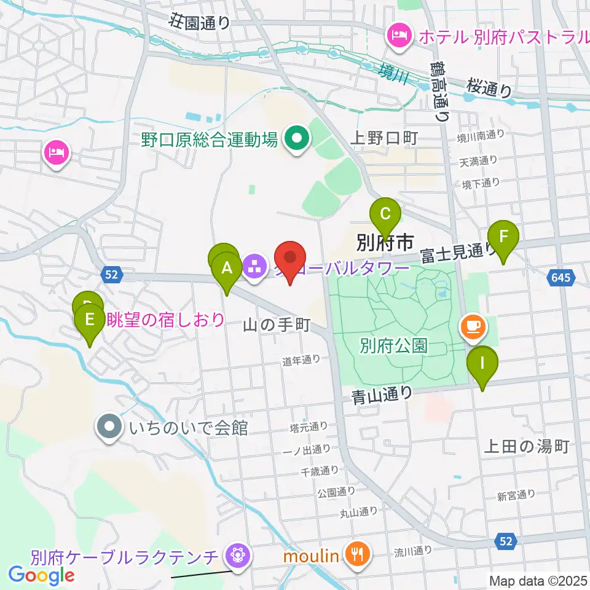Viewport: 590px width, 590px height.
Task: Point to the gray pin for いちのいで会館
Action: [110, 427]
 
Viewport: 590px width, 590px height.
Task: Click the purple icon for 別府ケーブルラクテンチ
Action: [235, 557]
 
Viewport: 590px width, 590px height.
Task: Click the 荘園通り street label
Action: [200, 23]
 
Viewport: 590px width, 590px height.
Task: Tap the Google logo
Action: [42, 575]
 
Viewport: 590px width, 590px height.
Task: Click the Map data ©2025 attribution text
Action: [538, 580]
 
